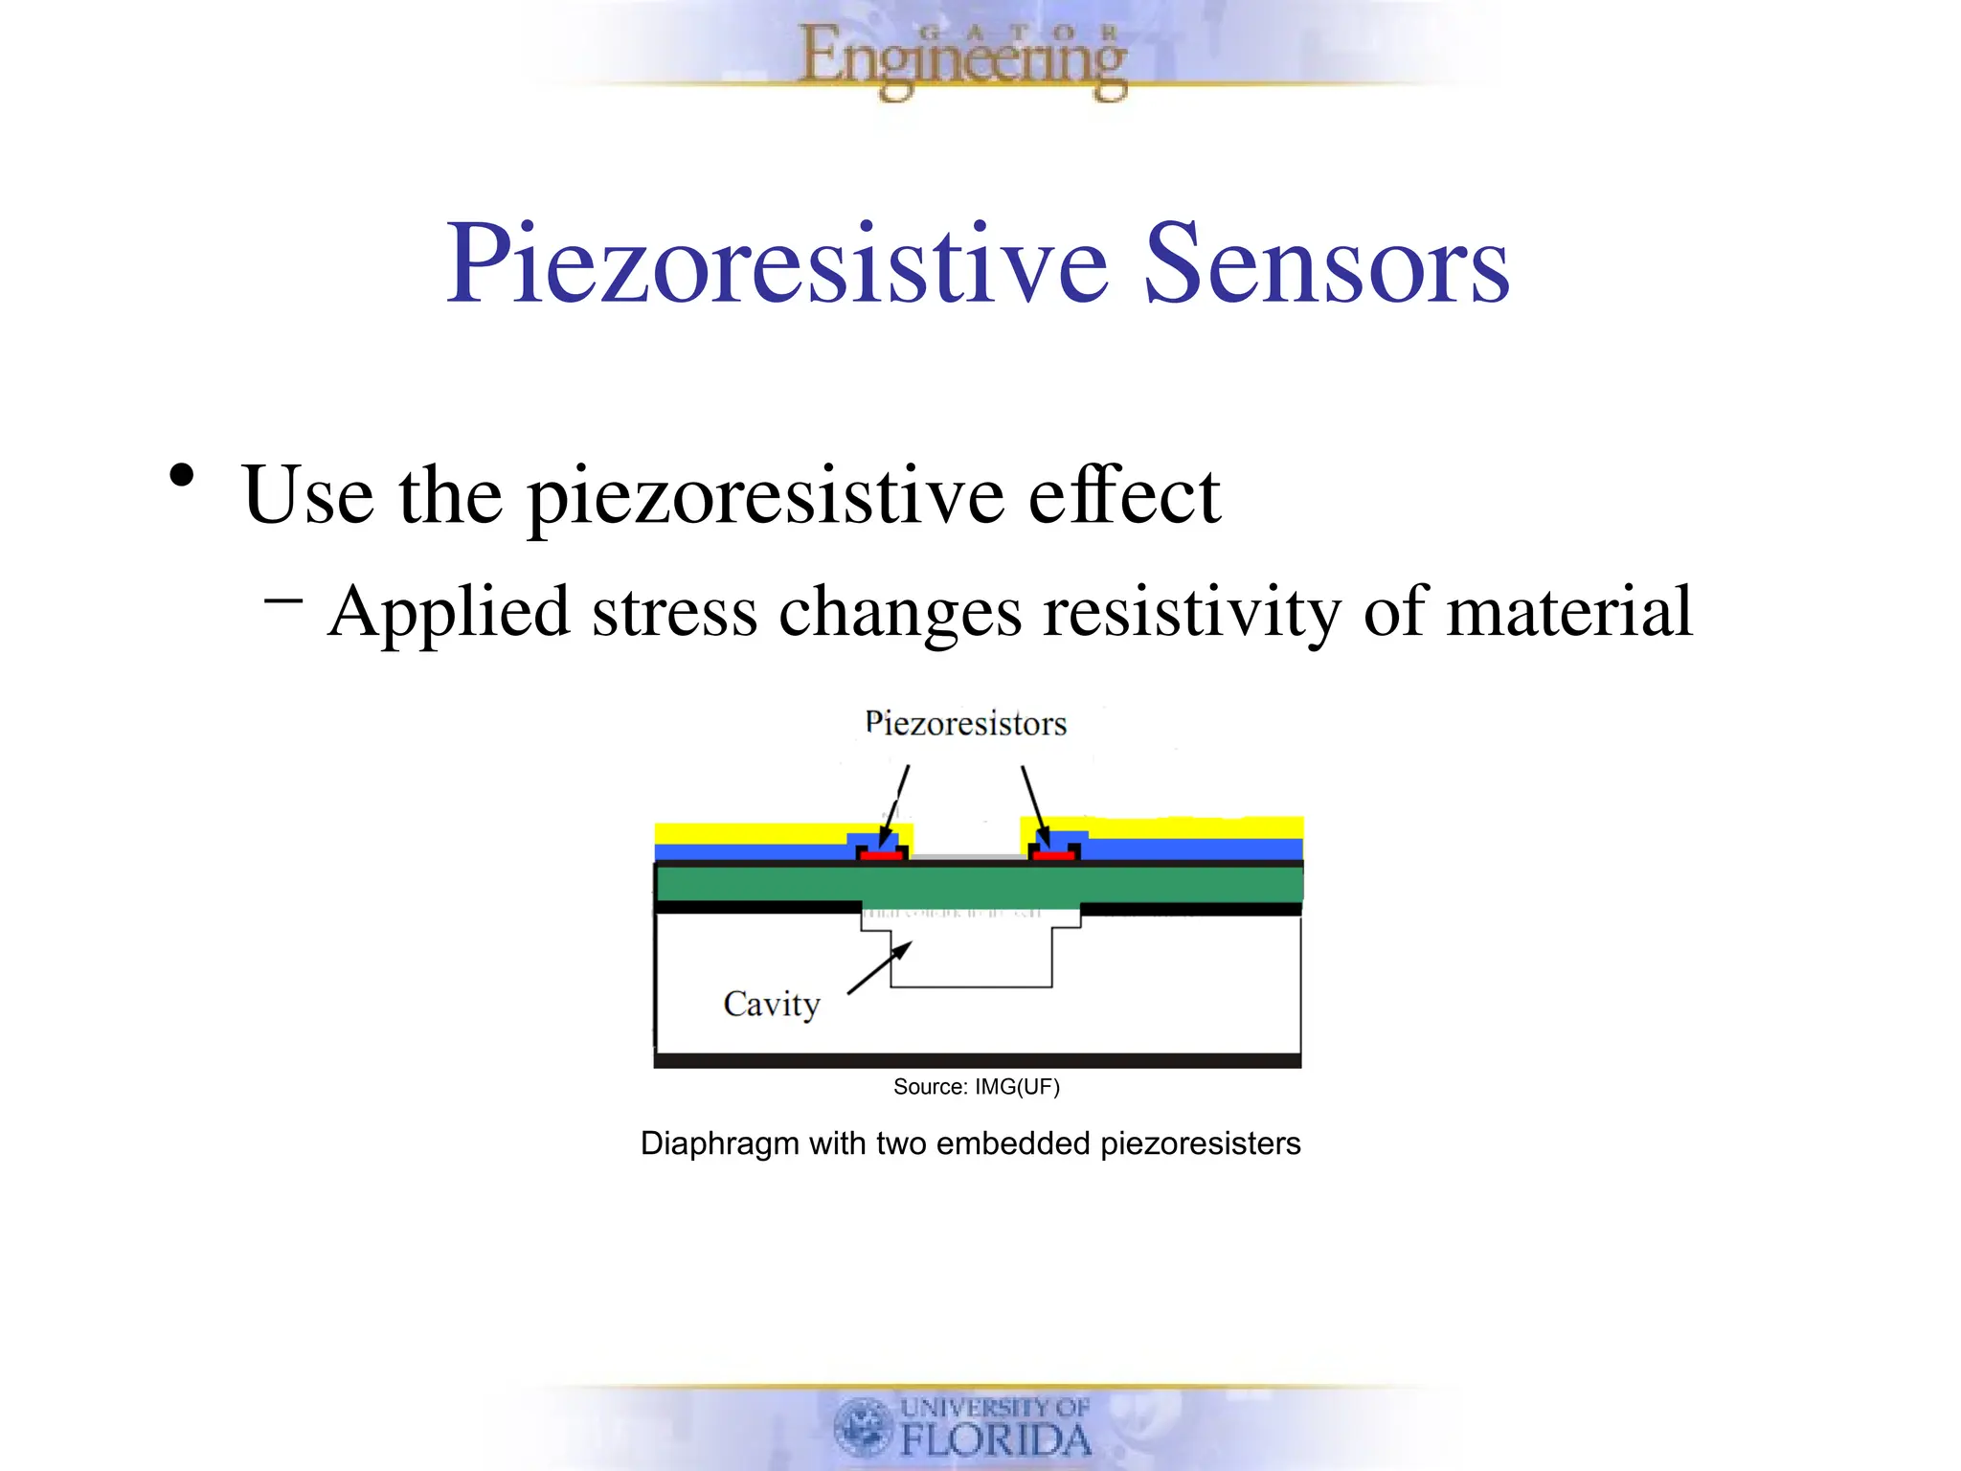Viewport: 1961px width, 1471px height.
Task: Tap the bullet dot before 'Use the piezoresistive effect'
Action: click(x=181, y=476)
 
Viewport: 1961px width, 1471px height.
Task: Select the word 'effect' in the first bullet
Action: click(x=1124, y=495)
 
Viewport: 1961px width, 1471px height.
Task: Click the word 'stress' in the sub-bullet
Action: click(x=674, y=612)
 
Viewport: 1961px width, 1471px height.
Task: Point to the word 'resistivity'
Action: click(x=1191, y=612)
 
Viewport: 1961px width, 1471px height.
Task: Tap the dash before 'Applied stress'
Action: click(x=283, y=601)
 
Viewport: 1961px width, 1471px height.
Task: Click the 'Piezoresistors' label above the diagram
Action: click(x=965, y=724)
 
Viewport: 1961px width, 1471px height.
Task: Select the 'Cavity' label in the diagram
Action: click(x=772, y=1005)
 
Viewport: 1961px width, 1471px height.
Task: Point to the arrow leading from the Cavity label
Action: click(x=880, y=967)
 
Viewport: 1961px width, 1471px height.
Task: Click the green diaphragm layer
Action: click(x=977, y=884)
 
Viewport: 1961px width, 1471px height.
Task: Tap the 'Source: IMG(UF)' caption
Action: click(x=976, y=1087)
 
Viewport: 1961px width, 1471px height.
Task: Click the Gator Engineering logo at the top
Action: click(x=962, y=59)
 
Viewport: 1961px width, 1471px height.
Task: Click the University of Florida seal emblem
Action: click(x=864, y=1426)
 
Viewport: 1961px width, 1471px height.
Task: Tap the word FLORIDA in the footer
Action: click(x=996, y=1440)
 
